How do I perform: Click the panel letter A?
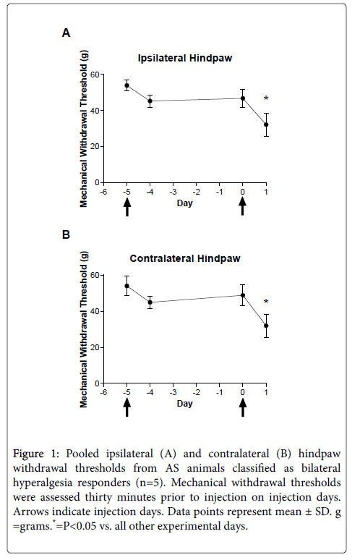click(66, 33)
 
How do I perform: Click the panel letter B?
click(66, 234)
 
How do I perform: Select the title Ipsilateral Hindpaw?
click(185, 58)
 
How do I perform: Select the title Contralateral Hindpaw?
click(185, 258)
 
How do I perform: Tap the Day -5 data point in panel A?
click(127, 85)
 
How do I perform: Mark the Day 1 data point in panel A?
click(266, 124)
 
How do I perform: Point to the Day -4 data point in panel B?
click(150, 302)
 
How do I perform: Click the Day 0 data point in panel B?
click(243, 295)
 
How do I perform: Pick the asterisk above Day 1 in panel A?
click(266, 98)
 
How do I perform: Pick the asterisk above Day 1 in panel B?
click(266, 302)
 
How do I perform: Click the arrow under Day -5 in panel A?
click(127, 207)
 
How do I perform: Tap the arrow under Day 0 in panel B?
click(243, 407)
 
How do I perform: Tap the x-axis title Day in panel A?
click(184, 203)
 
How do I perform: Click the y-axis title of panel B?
click(83, 329)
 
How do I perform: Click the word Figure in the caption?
click(28, 454)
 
